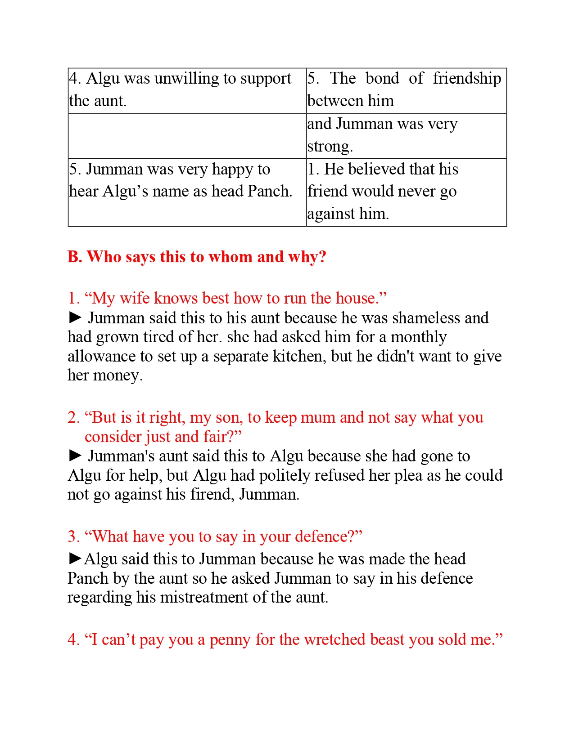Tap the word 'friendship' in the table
click(x=467, y=79)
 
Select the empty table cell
click(x=187, y=136)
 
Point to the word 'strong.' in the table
click(x=330, y=147)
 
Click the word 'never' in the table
click(x=416, y=192)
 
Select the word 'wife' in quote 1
click(x=135, y=298)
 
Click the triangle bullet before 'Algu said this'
click(x=75, y=559)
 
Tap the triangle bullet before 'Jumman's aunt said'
click(x=75, y=456)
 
